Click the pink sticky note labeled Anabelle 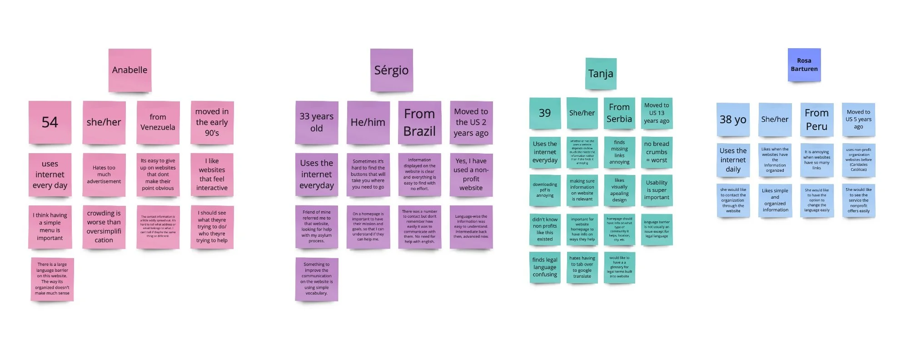129,70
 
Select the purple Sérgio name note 391,70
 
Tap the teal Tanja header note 601,74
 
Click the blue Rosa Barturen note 804,65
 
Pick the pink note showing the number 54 50,122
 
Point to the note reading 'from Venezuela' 158,122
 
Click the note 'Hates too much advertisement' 104,175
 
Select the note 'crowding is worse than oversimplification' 104,226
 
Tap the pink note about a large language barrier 52,279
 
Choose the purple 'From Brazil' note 419,122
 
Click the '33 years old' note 316,122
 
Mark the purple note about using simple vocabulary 316,279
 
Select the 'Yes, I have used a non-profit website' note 471,175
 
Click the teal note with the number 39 544,113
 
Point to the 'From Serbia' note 619,113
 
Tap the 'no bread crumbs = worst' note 656,152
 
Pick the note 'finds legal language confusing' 544,267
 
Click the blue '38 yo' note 732,120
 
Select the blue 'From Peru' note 816,120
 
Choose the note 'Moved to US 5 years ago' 858,120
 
